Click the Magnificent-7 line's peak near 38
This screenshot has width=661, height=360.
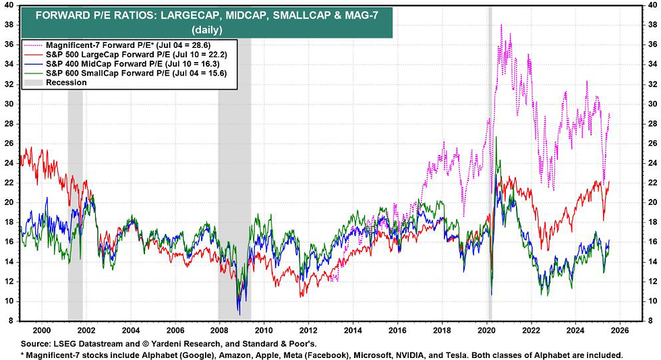501,25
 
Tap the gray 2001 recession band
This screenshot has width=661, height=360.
75,202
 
